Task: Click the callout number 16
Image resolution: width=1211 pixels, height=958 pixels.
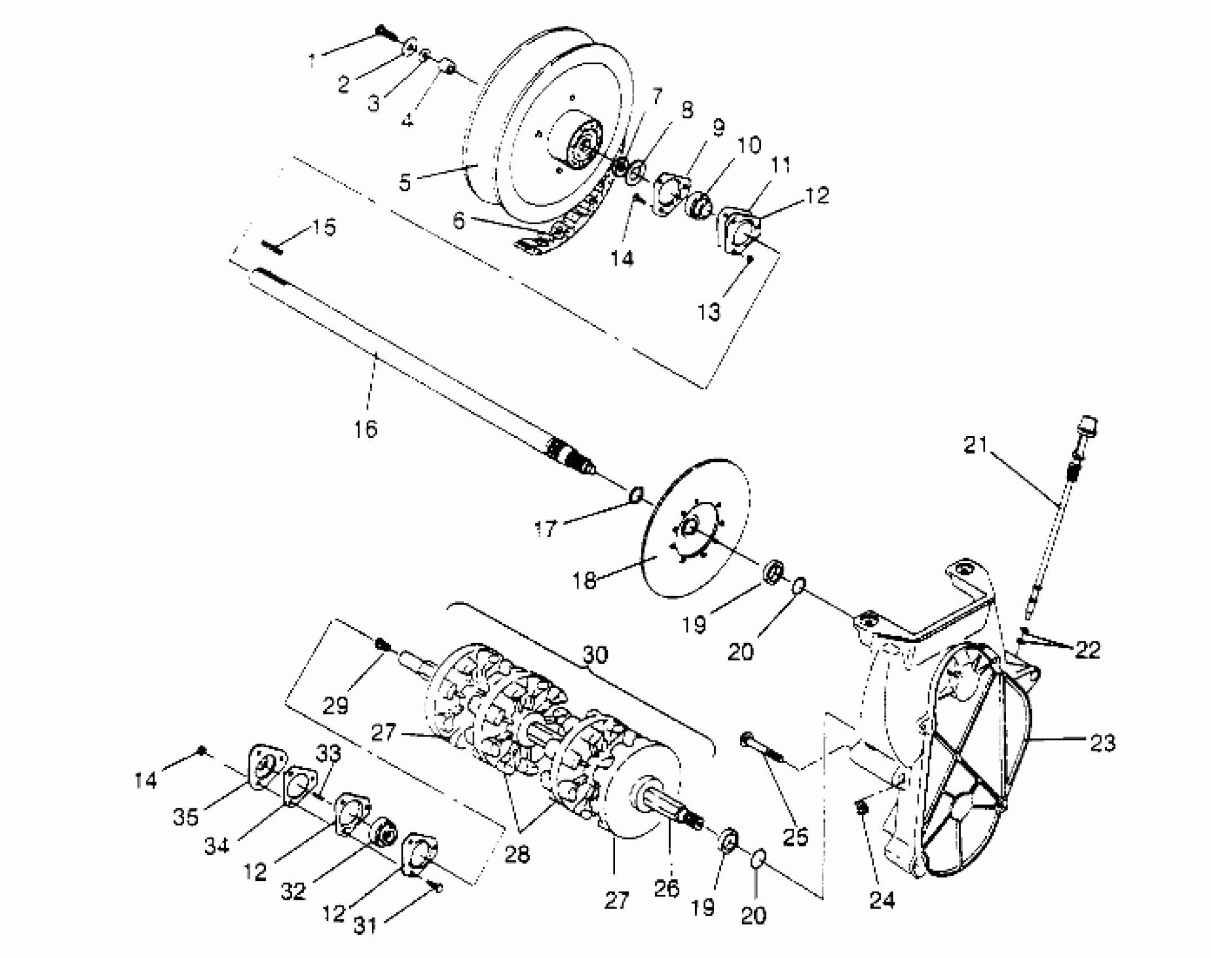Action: pos(365,429)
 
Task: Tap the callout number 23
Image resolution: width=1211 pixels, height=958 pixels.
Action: pos(1102,743)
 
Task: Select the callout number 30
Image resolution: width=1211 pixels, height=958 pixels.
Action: pos(595,655)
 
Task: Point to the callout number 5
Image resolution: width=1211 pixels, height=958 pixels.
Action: pos(405,183)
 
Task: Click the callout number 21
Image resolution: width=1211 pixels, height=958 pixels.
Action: pos(976,445)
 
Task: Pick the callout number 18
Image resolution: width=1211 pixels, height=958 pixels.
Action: pos(584,580)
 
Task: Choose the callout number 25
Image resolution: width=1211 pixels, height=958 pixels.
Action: pos(795,837)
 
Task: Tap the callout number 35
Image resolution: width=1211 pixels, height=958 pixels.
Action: pos(186,817)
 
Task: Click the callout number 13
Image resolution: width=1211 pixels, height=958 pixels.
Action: pos(709,311)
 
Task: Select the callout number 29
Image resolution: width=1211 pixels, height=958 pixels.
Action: pos(336,705)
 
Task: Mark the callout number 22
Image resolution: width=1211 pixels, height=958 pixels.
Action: pos(1087,650)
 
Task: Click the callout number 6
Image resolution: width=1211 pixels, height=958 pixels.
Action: pos(459,221)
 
